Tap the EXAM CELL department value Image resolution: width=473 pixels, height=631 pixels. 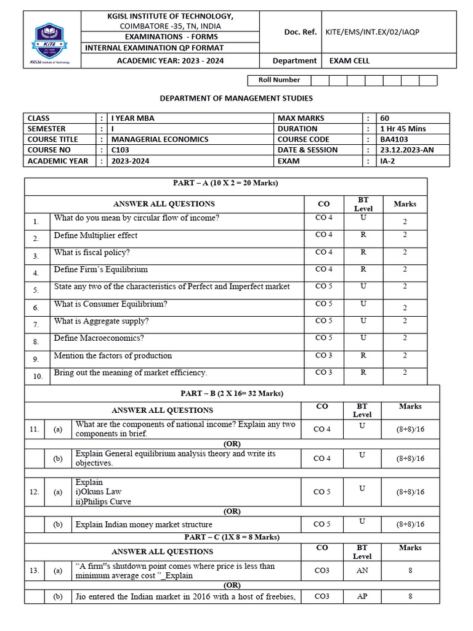349,60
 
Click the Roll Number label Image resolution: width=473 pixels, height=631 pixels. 279,80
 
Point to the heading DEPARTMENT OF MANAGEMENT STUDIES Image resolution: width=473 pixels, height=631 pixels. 236,98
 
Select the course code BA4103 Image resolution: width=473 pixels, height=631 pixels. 394,139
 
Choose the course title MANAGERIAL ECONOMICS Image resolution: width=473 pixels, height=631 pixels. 160,139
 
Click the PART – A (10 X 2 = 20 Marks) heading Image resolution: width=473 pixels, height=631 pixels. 225,183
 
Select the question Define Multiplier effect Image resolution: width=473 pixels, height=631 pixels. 95,235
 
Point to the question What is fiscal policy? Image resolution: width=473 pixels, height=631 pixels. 92,253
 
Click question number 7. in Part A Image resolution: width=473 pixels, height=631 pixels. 36,324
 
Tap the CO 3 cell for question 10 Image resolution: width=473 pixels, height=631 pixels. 323,372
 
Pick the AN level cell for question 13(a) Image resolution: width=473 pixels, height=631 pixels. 362,571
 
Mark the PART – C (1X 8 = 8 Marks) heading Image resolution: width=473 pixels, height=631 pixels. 225,537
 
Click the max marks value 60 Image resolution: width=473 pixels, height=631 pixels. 385,118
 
